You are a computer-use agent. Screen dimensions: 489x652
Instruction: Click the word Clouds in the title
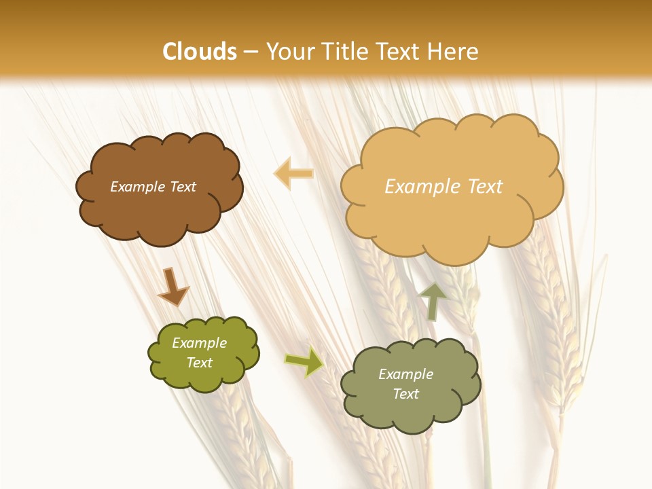[200, 52]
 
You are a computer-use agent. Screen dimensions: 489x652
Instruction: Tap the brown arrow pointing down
[173, 287]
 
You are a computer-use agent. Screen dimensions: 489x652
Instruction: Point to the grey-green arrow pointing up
[433, 301]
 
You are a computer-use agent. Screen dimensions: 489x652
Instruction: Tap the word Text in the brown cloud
[183, 187]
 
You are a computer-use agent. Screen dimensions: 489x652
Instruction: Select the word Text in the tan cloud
[485, 187]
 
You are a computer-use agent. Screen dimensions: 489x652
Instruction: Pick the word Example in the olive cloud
[199, 343]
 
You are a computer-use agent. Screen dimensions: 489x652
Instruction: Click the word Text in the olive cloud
[199, 363]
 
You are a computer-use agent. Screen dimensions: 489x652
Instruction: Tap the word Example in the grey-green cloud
[405, 374]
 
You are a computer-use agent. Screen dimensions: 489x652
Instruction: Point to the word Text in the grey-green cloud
[405, 394]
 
